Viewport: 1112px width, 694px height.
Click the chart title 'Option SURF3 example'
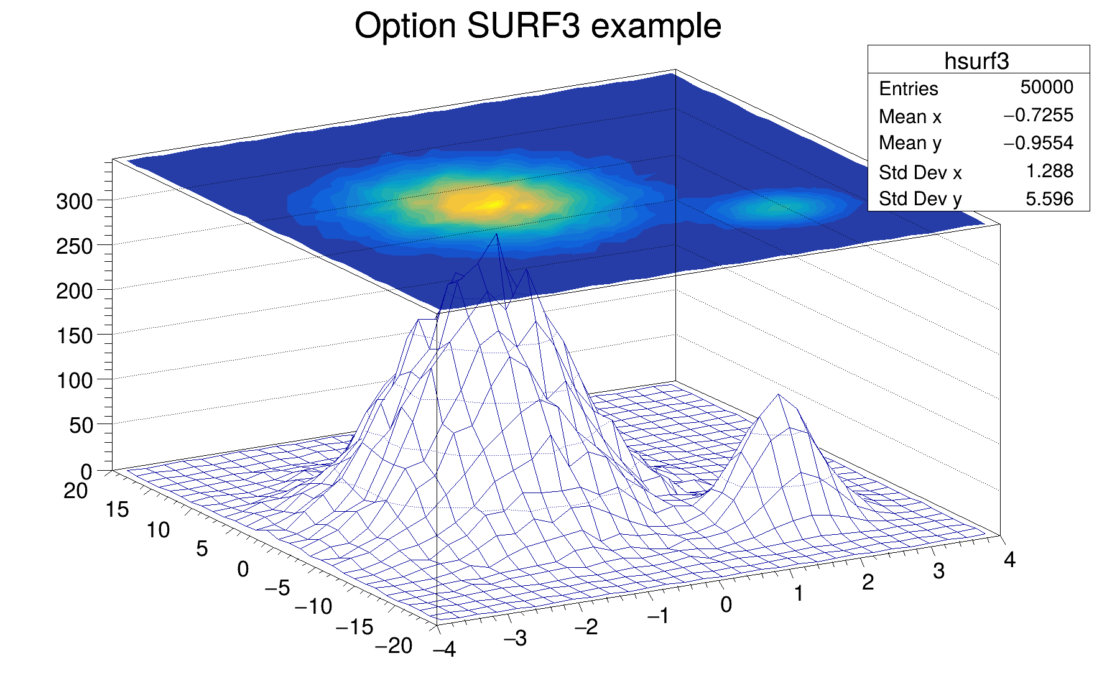coord(537,27)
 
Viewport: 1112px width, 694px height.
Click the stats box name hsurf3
coord(976,61)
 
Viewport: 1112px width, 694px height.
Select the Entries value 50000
coord(1047,87)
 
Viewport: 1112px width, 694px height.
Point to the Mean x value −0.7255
coord(1038,115)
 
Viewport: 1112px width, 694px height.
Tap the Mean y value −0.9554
coord(1038,143)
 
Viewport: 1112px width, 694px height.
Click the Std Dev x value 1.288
coord(1049,171)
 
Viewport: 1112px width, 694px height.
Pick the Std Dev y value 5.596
coord(1049,199)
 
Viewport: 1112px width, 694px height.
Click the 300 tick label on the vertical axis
coord(74,201)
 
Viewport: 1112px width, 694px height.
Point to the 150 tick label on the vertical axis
coord(74,336)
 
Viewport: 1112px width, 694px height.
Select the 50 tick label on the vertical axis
coord(81,426)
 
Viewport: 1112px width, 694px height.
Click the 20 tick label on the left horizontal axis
coord(75,491)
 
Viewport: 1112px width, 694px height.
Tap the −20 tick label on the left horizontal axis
coord(394,646)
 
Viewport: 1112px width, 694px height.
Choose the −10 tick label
coord(313,606)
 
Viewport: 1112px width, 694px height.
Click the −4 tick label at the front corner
coord(445,650)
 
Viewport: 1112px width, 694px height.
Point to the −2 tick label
coord(586,627)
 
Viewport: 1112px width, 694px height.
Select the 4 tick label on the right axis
coord(1009,560)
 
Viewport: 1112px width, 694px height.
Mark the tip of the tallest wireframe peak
coord(496,234)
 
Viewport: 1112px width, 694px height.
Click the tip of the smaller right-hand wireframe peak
coord(778,395)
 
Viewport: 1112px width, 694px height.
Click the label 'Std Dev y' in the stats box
coord(920,199)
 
